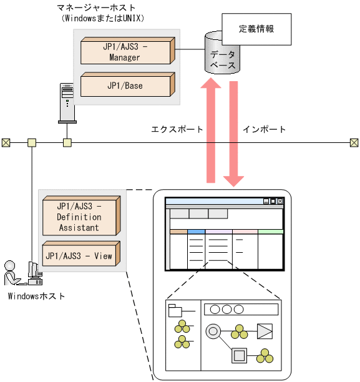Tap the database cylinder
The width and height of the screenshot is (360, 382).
pyautogui.click(x=222, y=57)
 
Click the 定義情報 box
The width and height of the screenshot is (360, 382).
pyautogui.click(x=256, y=29)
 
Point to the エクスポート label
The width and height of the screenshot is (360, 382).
pyautogui.click(x=177, y=130)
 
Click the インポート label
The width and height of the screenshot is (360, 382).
pyautogui.click(x=265, y=130)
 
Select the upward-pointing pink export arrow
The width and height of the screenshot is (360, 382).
pyautogui.click(x=210, y=131)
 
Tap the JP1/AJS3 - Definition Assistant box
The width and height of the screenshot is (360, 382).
pyautogui.click(x=79, y=216)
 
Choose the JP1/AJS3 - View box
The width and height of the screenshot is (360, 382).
pyautogui.click(x=79, y=255)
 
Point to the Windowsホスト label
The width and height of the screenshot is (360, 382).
pyautogui.click(x=36, y=295)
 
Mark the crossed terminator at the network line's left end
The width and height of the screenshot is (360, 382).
pyautogui.click(x=6, y=143)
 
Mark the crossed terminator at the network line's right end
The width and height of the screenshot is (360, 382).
pyautogui.click(x=354, y=143)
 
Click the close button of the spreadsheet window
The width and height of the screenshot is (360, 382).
pyautogui.click(x=280, y=202)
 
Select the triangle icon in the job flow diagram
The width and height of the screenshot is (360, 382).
pyautogui.click(x=265, y=330)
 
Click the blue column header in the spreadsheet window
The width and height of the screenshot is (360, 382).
pyautogui.click(x=196, y=232)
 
